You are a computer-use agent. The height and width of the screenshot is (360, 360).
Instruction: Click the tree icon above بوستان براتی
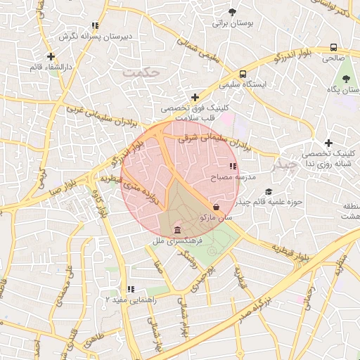(x=233, y=11)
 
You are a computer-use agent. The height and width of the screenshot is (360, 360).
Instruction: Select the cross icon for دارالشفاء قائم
(x=51, y=56)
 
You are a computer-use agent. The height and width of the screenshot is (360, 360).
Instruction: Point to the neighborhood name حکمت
(x=141, y=72)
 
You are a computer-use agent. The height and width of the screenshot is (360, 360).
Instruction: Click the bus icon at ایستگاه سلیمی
(x=243, y=74)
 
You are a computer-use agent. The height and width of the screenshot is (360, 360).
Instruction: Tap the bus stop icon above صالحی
(x=333, y=49)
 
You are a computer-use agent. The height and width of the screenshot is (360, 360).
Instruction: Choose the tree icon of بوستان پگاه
(x=345, y=79)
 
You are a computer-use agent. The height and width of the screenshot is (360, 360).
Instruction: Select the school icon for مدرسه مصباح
(x=233, y=167)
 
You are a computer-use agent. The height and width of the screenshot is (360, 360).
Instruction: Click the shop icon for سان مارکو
(x=215, y=207)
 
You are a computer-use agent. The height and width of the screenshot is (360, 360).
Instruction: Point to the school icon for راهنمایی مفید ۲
(x=131, y=288)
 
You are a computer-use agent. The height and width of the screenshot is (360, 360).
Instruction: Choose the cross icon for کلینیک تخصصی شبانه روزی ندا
(x=328, y=143)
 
